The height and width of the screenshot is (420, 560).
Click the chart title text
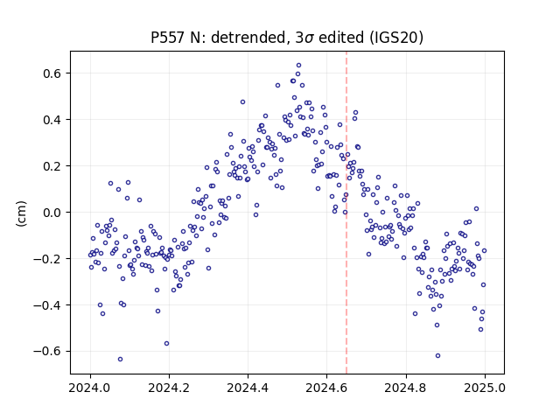pyautogui.click(x=287, y=38)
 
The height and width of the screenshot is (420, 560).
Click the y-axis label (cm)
pyautogui.click(x=21, y=213)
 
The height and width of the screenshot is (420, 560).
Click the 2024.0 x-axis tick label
pyautogui.click(x=90, y=388)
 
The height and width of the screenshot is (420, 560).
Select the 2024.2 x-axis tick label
pyautogui.click(x=169, y=388)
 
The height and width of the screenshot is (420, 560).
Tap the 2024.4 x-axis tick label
pyautogui.click(x=248, y=388)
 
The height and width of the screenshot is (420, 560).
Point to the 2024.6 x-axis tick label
pyautogui.click(x=326, y=388)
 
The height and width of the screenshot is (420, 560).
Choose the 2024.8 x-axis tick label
pyautogui.click(x=406, y=388)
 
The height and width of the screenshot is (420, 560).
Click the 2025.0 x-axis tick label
pyautogui.click(x=485, y=388)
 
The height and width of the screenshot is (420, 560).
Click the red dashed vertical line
pyautogui.click(x=346, y=213)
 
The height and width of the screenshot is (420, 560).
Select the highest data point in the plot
pyautogui.click(x=298, y=66)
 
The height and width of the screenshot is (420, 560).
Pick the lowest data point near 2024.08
pyautogui.click(x=121, y=360)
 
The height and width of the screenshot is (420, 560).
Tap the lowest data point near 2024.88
pyautogui.click(x=437, y=356)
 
